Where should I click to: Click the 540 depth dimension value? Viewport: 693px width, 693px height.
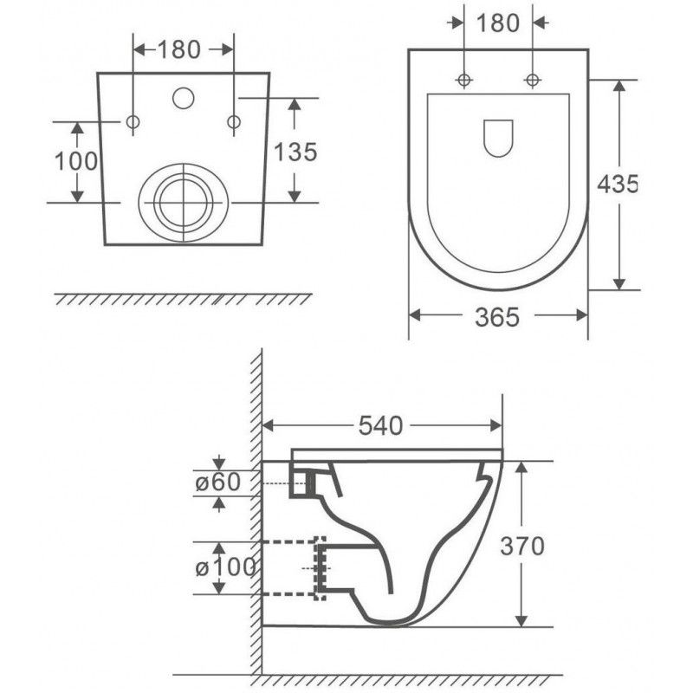(380, 425)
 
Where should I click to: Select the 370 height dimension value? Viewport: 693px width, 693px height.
(522, 547)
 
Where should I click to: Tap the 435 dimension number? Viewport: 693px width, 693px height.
(618, 184)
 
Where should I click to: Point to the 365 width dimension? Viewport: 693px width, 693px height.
(497, 317)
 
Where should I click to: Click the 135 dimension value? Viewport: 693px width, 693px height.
(295, 152)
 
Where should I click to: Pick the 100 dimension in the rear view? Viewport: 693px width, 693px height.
(76, 161)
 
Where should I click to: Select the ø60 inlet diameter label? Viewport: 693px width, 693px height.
(218, 482)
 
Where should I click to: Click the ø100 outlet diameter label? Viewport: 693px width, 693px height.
(225, 567)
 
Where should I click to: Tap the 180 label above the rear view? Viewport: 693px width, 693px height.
(179, 49)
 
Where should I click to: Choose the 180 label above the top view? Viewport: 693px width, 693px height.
(497, 23)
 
